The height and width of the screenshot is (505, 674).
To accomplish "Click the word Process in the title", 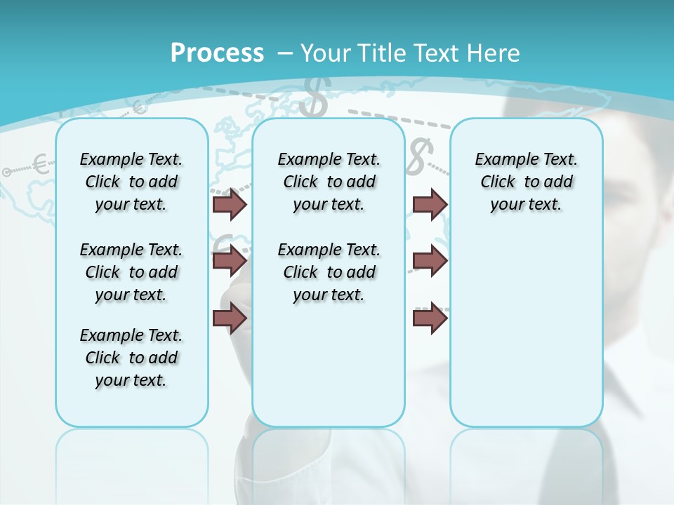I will (217, 53).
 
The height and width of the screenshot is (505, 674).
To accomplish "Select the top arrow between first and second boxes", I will (230, 204).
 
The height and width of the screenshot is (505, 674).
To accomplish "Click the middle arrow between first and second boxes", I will (230, 261).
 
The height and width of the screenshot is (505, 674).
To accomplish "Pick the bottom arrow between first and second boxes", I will (230, 318).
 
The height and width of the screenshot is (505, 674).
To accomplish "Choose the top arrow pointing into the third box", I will (430, 204).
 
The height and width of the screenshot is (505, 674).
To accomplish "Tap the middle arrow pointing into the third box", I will (430, 261).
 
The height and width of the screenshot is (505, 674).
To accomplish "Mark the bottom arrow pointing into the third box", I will (430, 318).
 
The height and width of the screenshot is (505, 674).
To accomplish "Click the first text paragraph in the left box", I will (131, 182).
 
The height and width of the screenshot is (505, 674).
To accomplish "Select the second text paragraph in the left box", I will (131, 272).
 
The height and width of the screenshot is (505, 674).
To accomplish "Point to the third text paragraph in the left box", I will (131, 358).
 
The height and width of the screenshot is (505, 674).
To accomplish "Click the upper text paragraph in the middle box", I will (329, 182).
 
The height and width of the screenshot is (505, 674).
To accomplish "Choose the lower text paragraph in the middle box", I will (329, 272).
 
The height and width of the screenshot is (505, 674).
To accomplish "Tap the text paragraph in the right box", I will (526, 182).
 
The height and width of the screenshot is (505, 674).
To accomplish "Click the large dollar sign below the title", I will (313, 97).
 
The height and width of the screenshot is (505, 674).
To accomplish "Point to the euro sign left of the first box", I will (41, 166).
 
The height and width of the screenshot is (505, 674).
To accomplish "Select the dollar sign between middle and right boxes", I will (418, 156).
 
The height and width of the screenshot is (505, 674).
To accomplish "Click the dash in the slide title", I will (285, 53).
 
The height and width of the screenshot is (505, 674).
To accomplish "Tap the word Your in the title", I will (329, 53).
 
